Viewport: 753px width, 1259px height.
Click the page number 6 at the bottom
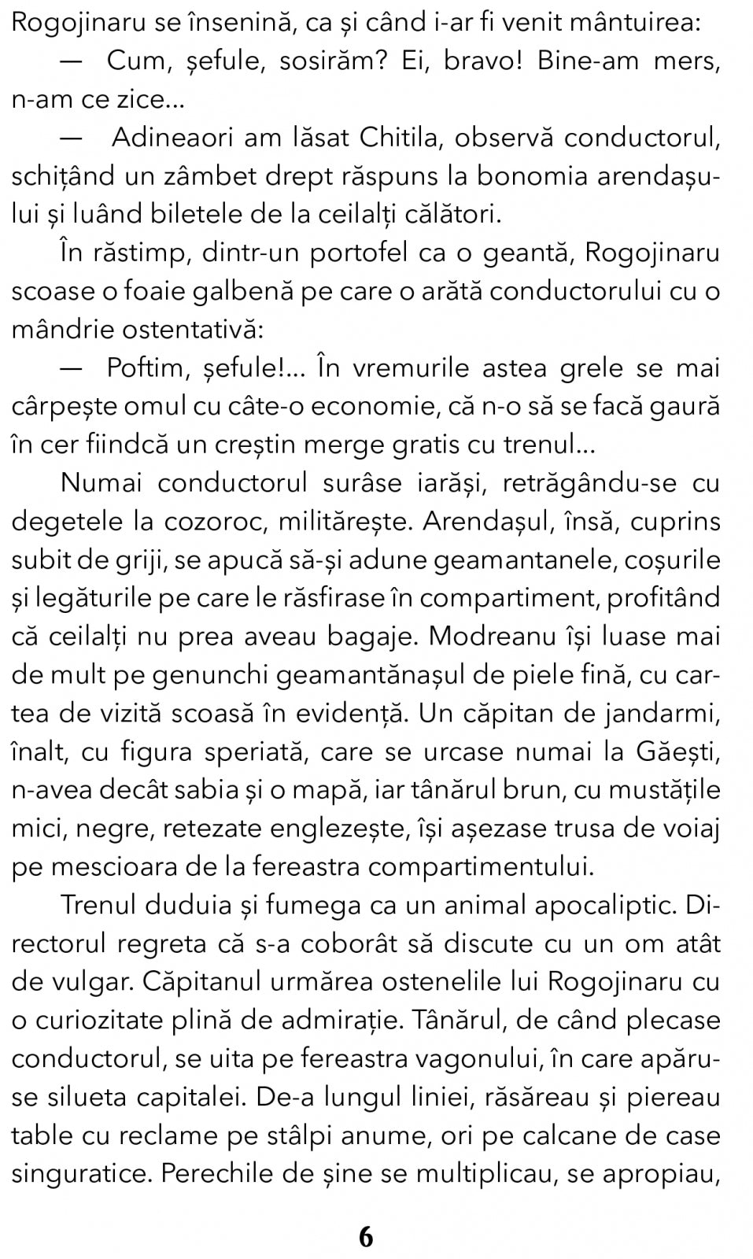pos(366,1237)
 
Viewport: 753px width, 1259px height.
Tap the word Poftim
pos(145,368)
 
